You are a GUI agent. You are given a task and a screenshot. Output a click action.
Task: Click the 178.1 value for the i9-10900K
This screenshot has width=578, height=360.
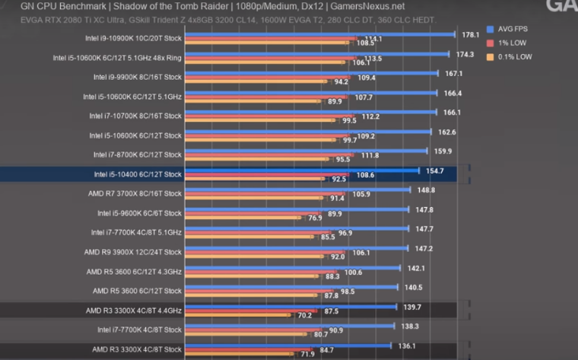pos(470,34)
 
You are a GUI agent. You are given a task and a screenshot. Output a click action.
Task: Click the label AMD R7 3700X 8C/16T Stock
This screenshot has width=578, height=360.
pos(135,194)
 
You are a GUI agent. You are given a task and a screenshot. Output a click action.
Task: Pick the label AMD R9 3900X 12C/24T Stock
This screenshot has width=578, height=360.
pos(134,252)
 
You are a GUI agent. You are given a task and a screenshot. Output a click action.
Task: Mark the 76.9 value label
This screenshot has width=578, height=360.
pos(314,218)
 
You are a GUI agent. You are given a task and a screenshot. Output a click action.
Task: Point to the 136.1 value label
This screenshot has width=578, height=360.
pos(408,346)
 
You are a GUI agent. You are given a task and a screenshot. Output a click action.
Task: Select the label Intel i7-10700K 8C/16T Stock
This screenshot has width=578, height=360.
pos(135,116)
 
